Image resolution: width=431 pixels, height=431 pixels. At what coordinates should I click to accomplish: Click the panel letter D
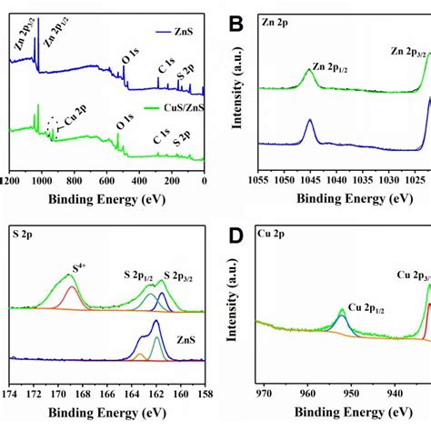[x=235, y=238]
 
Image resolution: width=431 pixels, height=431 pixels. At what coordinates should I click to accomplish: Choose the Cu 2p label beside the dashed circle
[x=74, y=131]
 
